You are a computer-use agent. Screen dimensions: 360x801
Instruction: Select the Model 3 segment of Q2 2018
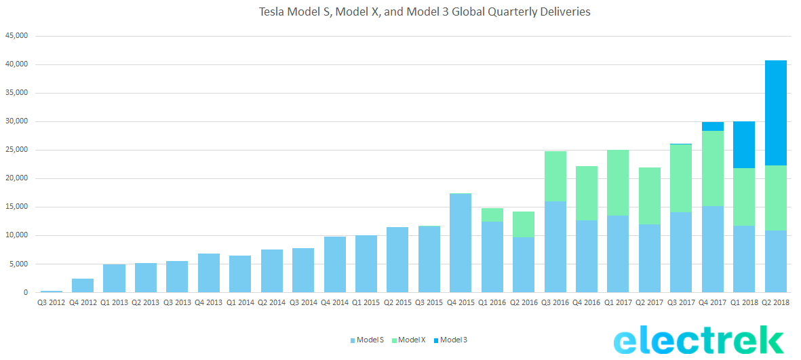(x=775, y=113)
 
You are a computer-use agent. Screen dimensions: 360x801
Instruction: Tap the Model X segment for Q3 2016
(x=555, y=176)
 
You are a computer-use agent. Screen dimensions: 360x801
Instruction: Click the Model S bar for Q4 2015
(x=461, y=243)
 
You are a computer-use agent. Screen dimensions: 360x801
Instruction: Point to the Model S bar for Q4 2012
(x=83, y=285)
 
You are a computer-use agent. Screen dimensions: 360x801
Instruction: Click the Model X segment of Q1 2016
(x=492, y=215)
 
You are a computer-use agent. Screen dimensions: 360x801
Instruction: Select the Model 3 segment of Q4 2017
(x=712, y=126)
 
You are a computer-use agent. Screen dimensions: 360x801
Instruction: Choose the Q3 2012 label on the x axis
(x=52, y=302)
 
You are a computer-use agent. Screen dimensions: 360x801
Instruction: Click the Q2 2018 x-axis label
(x=775, y=302)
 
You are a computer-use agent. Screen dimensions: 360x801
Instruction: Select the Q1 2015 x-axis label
(x=366, y=302)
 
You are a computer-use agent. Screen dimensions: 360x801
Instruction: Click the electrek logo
(x=699, y=340)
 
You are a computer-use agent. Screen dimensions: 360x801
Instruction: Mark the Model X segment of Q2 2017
(x=649, y=196)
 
